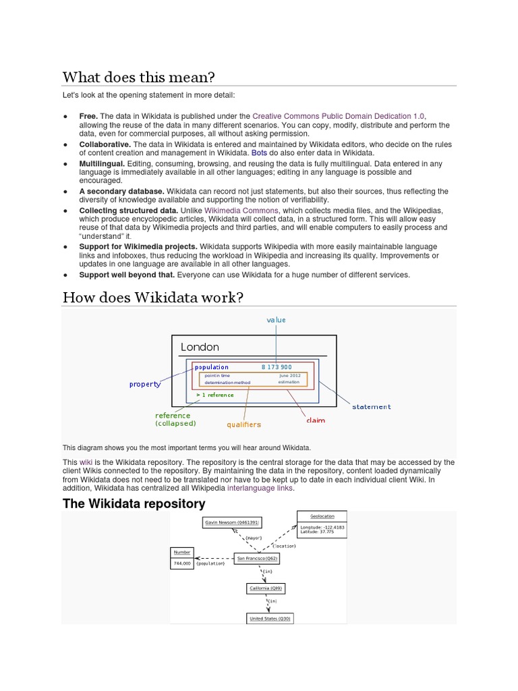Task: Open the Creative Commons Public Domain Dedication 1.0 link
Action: pyautogui.click(x=339, y=116)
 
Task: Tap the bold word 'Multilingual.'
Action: pyautogui.click(x=102, y=163)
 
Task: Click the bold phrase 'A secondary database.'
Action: pyautogui.click(x=121, y=192)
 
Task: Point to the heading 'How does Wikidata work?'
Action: pyautogui.click(x=152, y=297)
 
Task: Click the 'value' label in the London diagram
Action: pyautogui.click(x=276, y=320)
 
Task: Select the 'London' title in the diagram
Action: pyautogui.click(x=200, y=347)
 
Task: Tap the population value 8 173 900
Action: pyautogui.click(x=277, y=367)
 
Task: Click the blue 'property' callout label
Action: pyautogui.click(x=145, y=384)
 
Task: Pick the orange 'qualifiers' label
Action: pyautogui.click(x=243, y=424)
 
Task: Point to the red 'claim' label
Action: pyautogui.click(x=315, y=420)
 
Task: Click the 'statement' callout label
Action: pyautogui.click(x=371, y=407)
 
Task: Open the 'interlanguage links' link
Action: pyautogui.click(x=260, y=487)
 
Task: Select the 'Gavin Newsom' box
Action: pyautogui.click(x=231, y=522)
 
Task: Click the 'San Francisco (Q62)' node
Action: pyautogui.click(x=256, y=558)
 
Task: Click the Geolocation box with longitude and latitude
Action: pyautogui.click(x=322, y=524)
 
